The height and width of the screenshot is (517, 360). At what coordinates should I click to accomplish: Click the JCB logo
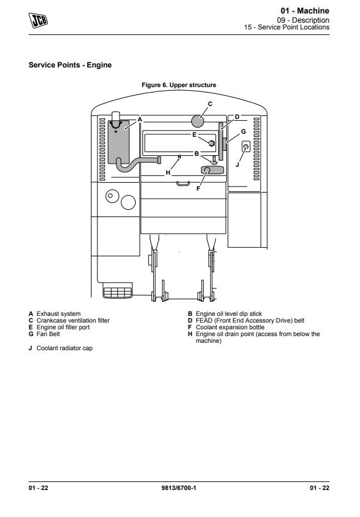(x=38, y=20)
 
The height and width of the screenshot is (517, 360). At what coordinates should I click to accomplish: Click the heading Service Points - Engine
(x=70, y=65)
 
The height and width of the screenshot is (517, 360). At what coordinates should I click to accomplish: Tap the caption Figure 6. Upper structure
(x=178, y=85)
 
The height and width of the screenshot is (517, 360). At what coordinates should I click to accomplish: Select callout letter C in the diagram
(x=210, y=104)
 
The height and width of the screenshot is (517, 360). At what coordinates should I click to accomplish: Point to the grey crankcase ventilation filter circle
(x=198, y=121)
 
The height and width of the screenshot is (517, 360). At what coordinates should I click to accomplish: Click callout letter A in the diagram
(x=140, y=120)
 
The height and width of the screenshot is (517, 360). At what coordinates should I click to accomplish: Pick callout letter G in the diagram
(x=243, y=132)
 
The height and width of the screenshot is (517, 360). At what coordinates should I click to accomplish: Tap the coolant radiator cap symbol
(x=245, y=147)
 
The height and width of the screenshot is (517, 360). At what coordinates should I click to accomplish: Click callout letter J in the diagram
(x=238, y=164)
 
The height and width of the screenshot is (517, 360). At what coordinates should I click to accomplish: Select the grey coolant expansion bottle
(x=212, y=170)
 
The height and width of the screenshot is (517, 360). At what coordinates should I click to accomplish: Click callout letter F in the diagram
(x=198, y=189)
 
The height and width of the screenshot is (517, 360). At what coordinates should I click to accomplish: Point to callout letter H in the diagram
(x=168, y=172)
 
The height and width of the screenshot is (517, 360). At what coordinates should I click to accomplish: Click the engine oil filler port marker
(x=212, y=143)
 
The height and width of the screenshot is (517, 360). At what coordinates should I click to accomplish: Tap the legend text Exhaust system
(x=58, y=313)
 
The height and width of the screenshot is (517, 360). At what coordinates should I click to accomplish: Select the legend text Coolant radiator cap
(x=64, y=348)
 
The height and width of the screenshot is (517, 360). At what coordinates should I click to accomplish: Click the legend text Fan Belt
(x=48, y=334)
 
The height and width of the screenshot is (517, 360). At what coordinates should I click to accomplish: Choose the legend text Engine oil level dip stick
(x=229, y=313)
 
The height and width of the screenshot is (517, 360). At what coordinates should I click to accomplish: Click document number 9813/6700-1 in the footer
(x=178, y=488)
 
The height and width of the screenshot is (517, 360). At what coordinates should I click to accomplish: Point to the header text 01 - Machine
(x=305, y=10)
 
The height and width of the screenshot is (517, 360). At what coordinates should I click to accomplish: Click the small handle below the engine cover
(x=183, y=183)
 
